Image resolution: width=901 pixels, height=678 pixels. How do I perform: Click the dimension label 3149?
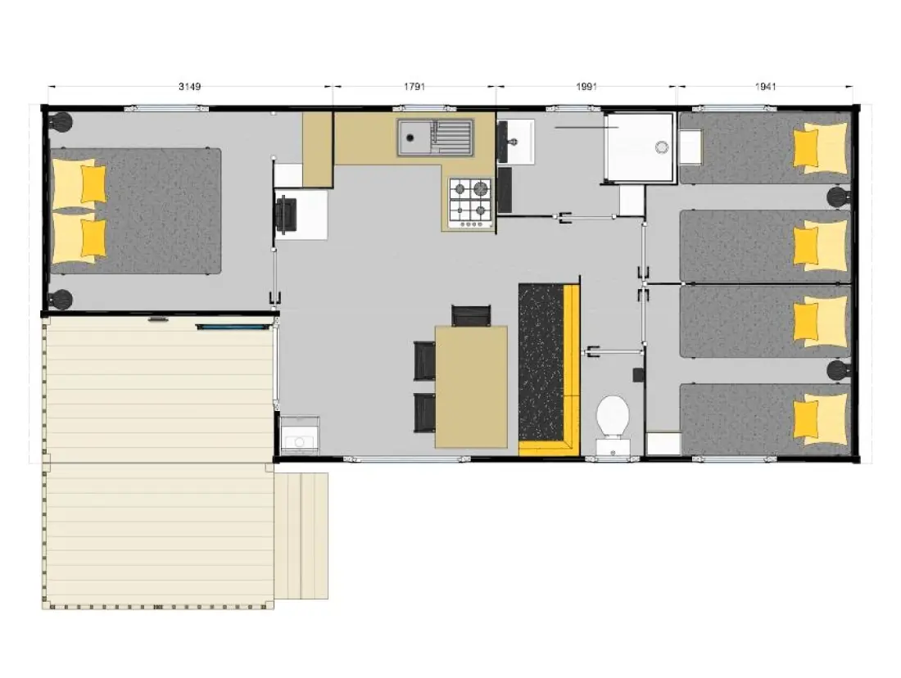(190, 87)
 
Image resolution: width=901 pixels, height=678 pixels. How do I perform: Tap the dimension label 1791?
(414, 87)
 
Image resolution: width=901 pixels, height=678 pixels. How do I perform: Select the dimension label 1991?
(586, 87)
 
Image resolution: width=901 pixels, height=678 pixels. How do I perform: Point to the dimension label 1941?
(765, 87)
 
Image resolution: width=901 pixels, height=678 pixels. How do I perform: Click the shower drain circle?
(662, 147)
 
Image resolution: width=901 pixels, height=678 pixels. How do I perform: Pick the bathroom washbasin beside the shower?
(516, 142)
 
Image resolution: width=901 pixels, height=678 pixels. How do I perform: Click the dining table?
(471, 386)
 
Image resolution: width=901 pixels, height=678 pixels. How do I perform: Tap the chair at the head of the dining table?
(471, 315)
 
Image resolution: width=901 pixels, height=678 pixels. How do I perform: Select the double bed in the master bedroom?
(136, 211)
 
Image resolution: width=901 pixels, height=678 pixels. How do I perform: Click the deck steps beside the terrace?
(301, 536)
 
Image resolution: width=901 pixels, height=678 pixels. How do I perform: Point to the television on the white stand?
(286, 215)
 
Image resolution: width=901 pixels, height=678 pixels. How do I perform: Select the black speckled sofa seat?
(541, 362)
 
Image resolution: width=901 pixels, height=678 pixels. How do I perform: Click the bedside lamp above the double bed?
(61, 122)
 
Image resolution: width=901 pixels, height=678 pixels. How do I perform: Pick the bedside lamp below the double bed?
(61, 300)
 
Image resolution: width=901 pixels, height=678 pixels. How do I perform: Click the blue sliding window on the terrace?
(233, 327)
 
